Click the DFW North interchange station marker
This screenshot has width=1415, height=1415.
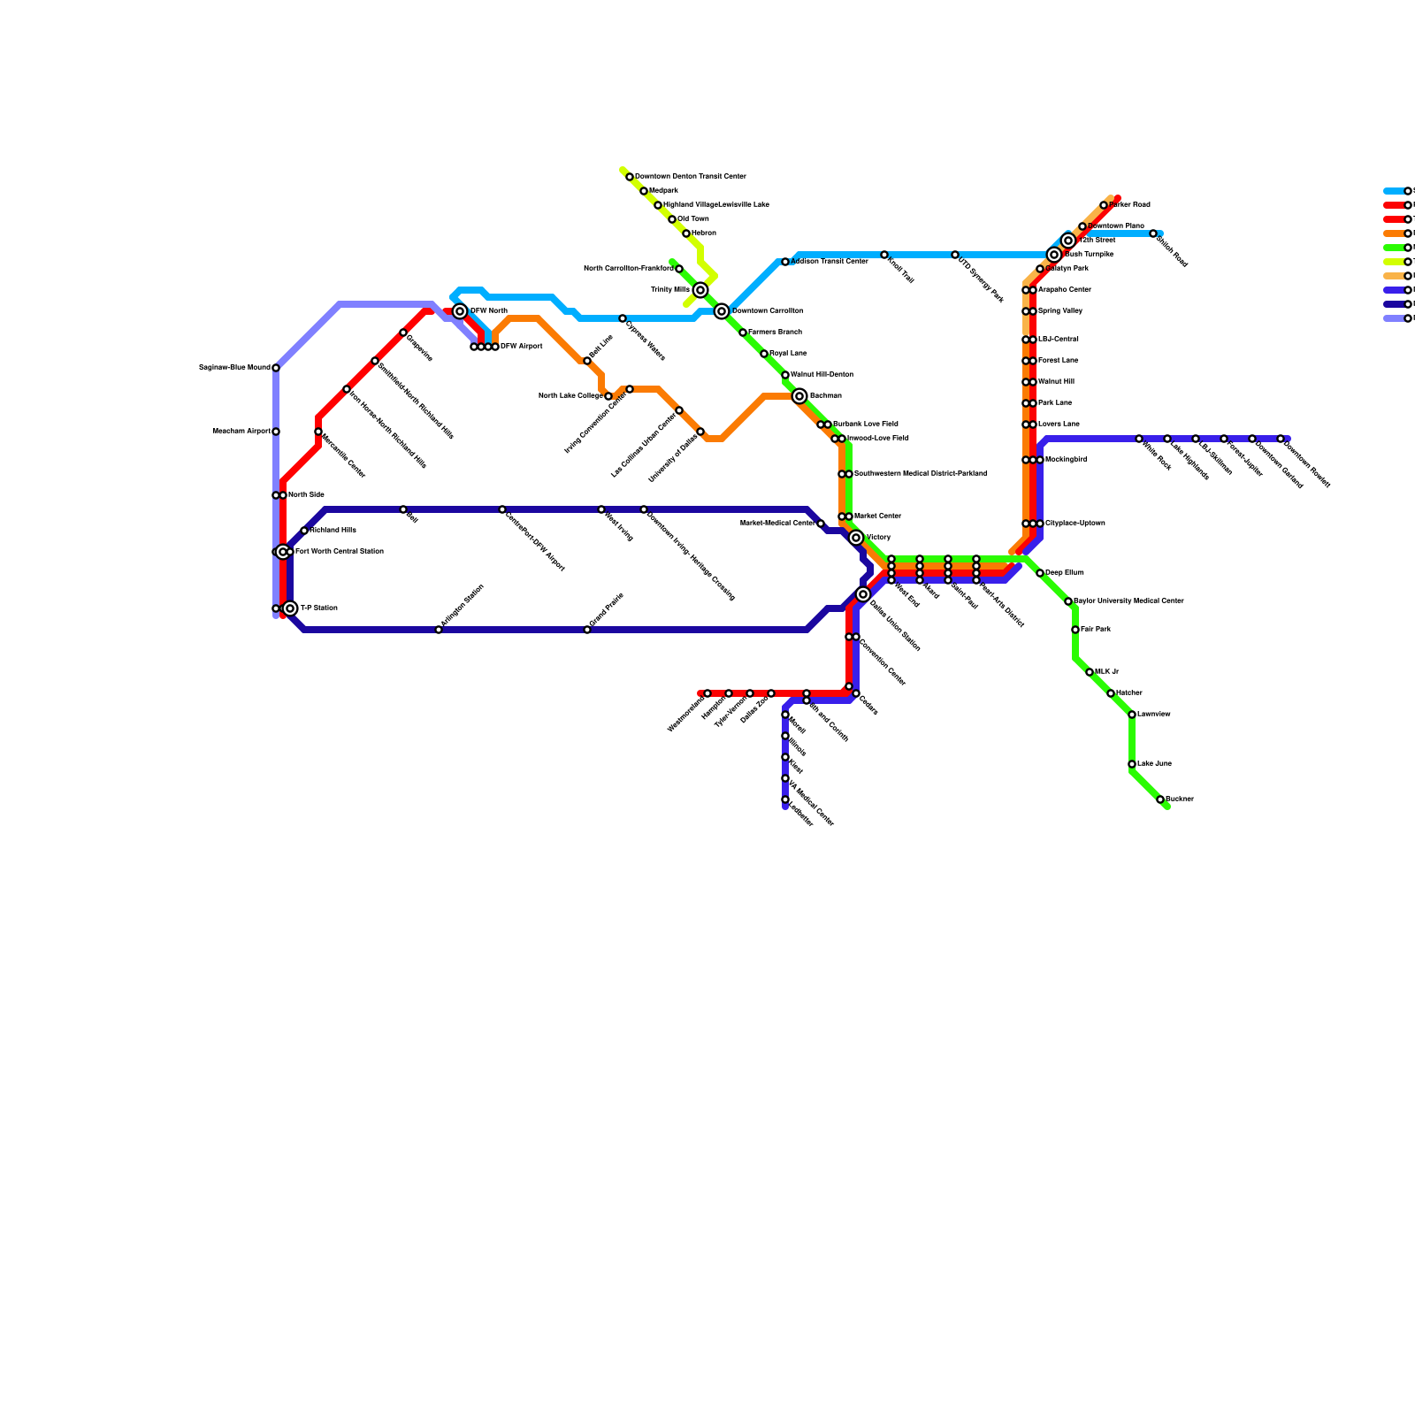pos(460,311)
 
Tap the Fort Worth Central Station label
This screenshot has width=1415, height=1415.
pos(339,552)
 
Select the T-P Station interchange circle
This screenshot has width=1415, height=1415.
pos(290,608)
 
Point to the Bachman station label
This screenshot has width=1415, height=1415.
pos(825,396)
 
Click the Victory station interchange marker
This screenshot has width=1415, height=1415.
pos(856,538)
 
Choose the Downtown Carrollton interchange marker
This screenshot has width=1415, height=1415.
pos(722,311)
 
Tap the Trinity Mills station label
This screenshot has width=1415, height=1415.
pos(669,290)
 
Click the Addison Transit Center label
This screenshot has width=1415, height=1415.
pos(829,262)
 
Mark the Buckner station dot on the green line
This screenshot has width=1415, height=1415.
pos(1160,799)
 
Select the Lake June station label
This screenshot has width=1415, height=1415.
pos(1154,764)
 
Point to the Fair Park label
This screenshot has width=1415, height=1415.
pos(1095,630)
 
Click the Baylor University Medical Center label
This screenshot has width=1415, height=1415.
pos(1128,601)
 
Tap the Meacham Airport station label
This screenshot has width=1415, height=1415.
pos(241,432)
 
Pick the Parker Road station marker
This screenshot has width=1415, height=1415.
pos(1104,205)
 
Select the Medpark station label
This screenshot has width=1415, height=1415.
pos(663,191)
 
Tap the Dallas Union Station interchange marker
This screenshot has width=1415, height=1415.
pos(863,594)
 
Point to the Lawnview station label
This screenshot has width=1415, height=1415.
pos(1153,715)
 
